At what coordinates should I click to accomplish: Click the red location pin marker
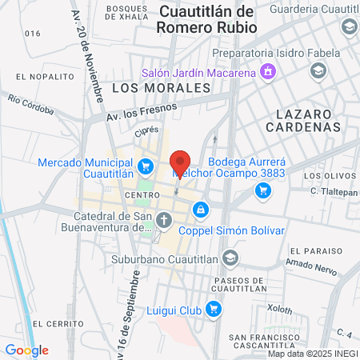pos(181,163)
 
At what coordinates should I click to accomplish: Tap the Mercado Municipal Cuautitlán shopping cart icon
pos(145,166)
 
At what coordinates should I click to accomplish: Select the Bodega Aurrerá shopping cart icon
pos(262,190)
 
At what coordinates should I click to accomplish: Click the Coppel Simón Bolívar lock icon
pos(199,210)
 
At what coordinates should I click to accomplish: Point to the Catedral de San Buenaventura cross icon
pos(163,219)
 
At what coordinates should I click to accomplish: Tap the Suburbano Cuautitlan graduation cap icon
pos(230,257)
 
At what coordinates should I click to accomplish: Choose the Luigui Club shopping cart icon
pos(213,309)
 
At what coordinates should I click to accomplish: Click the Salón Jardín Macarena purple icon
pos(267,73)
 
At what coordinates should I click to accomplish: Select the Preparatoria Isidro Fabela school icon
pos(318,71)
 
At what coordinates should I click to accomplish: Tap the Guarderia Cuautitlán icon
pos(349,28)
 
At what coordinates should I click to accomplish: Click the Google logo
pos(26,350)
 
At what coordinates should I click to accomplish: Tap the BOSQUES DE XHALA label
pos(126,12)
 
